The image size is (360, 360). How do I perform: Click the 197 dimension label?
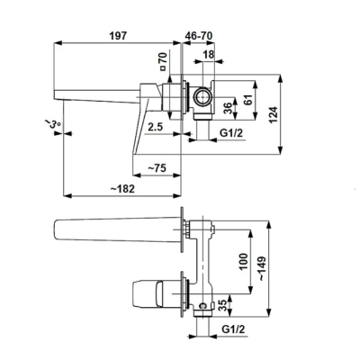(x=118, y=36)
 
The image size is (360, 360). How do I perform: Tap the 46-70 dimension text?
(x=199, y=36)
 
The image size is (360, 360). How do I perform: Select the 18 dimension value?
(x=209, y=54)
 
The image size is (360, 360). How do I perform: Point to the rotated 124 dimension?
(x=273, y=114)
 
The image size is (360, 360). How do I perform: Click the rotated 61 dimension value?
(x=247, y=99)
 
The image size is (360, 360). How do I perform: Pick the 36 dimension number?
(x=229, y=108)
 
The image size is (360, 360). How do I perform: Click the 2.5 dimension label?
(x=156, y=127)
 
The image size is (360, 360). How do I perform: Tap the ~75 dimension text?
(x=157, y=168)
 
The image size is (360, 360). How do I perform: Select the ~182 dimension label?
(x=122, y=189)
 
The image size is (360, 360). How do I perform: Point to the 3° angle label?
(x=53, y=123)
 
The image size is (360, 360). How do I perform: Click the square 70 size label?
(x=163, y=61)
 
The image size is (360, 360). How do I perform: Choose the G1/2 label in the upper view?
(x=231, y=132)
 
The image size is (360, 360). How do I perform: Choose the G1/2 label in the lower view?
(x=233, y=329)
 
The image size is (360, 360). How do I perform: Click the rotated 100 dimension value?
(x=244, y=262)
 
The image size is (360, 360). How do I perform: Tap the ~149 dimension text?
(x=263, y=268)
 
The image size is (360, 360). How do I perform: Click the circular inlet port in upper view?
(x=202, y=97)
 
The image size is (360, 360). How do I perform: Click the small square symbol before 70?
(x=163, y=68)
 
